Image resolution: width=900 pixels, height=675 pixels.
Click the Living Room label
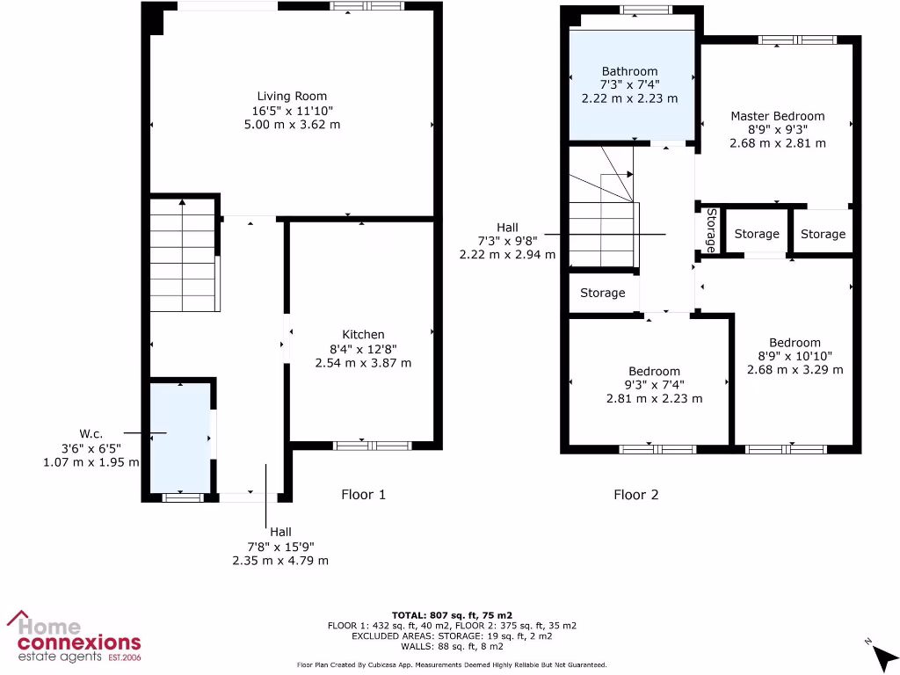point(292,96)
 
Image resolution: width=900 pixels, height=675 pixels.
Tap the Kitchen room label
point(363,334)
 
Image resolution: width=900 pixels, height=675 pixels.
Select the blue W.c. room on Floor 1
point(180,437)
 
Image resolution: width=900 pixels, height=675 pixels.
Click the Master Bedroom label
point(777,115)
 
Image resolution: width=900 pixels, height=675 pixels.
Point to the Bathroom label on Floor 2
point(629,71)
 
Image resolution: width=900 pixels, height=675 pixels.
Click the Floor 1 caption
point(363,494)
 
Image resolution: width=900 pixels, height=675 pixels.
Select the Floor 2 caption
point(635,494)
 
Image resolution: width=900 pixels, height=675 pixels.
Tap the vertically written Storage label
point(711,230)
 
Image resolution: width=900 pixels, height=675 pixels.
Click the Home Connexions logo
point(74,637)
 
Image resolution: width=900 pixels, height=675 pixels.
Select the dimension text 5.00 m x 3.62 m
point(292,125)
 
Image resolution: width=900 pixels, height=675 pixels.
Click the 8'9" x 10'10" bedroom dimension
point(795,356)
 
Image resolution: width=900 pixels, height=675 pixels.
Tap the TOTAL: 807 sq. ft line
point(452,614)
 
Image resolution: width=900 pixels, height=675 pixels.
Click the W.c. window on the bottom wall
point(182,497)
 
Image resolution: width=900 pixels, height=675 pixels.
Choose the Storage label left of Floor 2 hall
point(602,293)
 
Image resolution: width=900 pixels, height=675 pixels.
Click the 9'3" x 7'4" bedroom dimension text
point(654,384)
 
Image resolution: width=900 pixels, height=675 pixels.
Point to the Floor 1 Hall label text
point(280,532)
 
